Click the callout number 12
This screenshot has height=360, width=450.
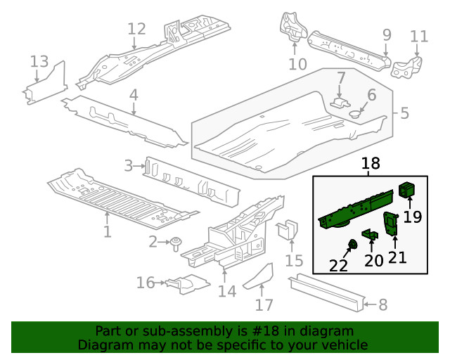coord(136,29)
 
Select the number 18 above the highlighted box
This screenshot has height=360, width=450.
coord(370,164)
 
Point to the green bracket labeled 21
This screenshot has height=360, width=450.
coord(391,224)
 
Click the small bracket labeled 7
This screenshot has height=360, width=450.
coord(340,102)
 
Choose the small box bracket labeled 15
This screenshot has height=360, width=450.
coord(288,230)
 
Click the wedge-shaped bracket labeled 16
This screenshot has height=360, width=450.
coord(186,283)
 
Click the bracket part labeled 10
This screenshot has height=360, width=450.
coord(292,28)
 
